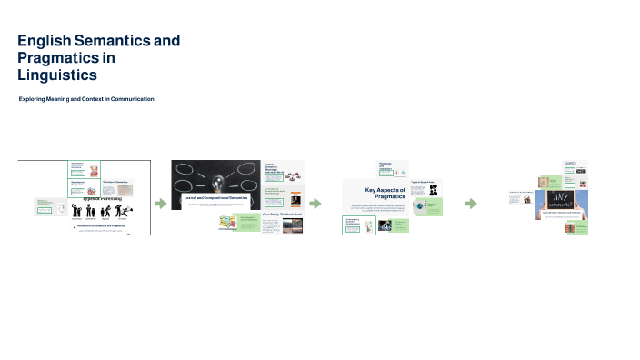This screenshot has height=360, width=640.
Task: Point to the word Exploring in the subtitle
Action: (35, 98)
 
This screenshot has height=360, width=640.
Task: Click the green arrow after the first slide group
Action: (161, 204)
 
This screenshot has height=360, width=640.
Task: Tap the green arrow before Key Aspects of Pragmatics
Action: (315, 204)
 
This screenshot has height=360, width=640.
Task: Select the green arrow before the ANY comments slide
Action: (471, 204)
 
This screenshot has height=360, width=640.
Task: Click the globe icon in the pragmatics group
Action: (419, 206)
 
